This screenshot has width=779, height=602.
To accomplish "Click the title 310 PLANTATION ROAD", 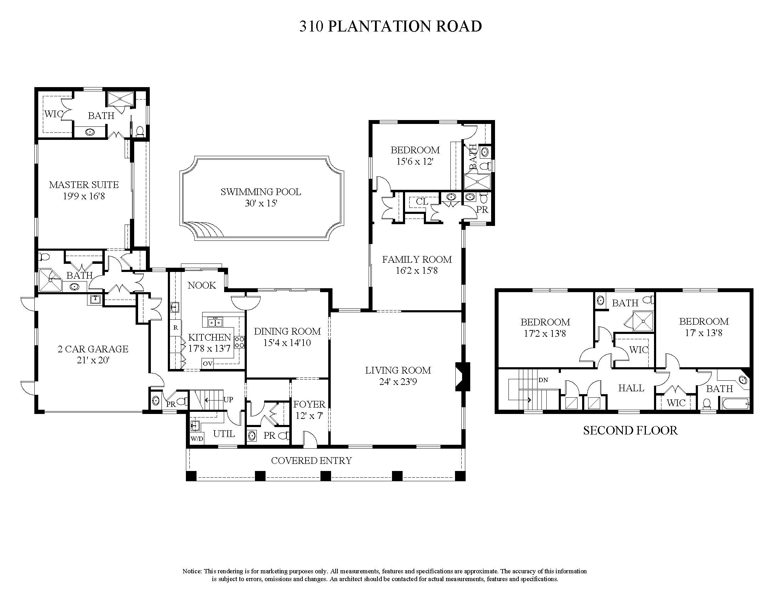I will click(391, 27).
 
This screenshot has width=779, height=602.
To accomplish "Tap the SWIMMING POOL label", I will click(261, 192).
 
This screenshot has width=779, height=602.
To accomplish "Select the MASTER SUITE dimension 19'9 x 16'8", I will click(84, 196).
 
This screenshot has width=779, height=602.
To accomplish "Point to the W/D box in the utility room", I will click(197, 439).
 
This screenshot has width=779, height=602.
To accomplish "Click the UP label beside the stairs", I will click(228, 399).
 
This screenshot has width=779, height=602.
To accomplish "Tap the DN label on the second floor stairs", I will click(543, 380).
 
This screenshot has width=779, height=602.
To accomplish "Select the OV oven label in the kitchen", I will click(207, 364).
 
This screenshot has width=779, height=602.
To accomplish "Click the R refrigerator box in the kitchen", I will click(176, 327).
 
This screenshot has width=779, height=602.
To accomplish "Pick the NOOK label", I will click(202, 285).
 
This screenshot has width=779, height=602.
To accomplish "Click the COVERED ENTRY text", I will click(311, 461).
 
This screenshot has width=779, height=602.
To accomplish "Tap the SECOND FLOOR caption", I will click(630, 431).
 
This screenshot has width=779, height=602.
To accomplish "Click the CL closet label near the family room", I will click(422, 201).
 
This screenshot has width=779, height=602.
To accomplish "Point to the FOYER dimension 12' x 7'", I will click(309, 416).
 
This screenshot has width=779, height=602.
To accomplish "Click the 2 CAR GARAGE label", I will click(93, 349).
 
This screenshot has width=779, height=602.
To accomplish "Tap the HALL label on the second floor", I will click(631, 388).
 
